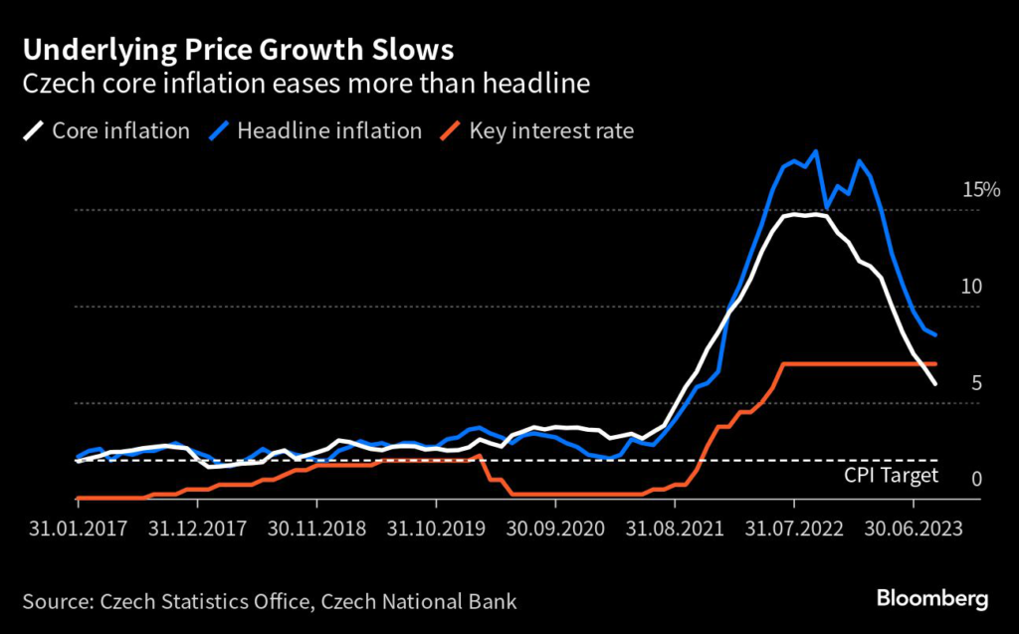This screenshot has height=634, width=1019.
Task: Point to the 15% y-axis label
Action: pos(981,190)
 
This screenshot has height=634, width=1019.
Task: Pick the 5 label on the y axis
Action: pos(976,383)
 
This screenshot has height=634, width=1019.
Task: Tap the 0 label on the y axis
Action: pos(976,480)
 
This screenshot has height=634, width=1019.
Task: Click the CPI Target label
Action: pos(891,475)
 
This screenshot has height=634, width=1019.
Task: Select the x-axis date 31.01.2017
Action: pos(79,528)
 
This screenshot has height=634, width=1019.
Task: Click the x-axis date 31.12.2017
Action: pos(198,528)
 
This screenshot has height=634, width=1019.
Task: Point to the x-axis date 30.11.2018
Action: pos(316,528)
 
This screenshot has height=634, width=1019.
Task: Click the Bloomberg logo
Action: pos(931,599)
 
